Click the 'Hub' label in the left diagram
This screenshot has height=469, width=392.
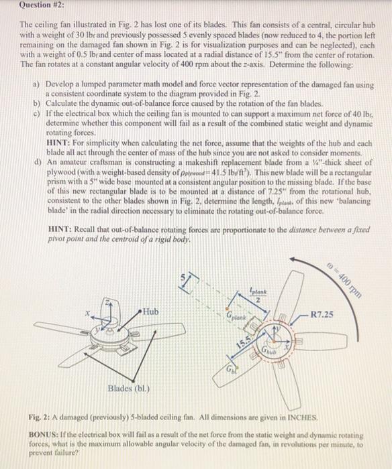(x=151, y=312)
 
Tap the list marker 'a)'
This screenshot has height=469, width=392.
(x=36, y=86)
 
